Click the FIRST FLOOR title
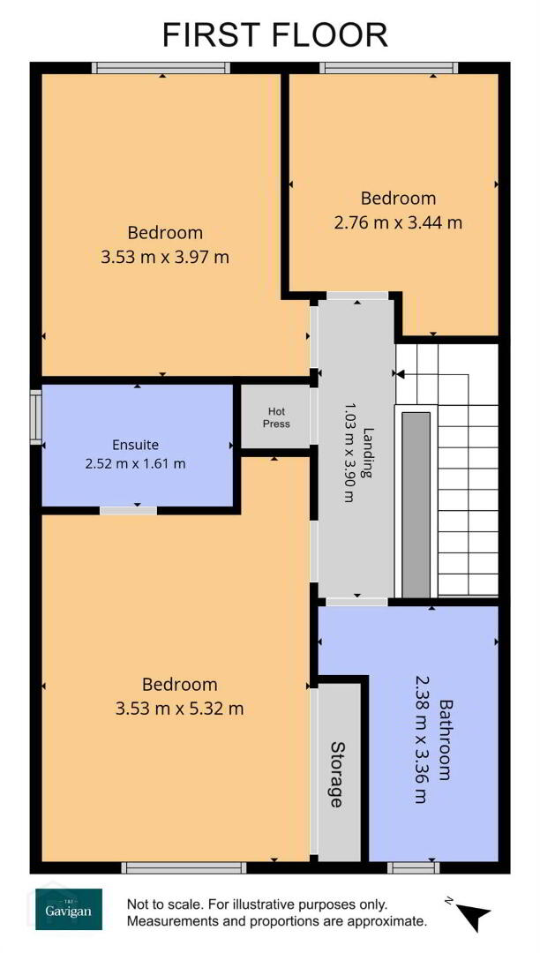pyautogui.click(x=274, y=34)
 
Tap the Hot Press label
pyautogui.click(x=276, y=417)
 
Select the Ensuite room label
pyautogui.click(x=136, y=444)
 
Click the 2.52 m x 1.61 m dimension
pyautogui.click(x=136, y=464)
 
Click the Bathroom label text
pyautogui.click(x=447, y=739)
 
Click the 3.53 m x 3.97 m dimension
pyautogui.click(x=165, y=257)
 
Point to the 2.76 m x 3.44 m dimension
pyautogui.click(x=398, y=222)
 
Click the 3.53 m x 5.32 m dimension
pyautogui.click(x=179, y=708)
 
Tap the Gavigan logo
pyautogui.click(x=69, y=909)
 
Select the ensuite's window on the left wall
pyautogui.click(x=36, y=416)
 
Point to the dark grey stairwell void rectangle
pyautogui.click(x=416, y=505)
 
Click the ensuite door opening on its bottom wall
pyautogui.click(x=128, y=511)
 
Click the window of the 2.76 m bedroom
pyautogui.click(x=389, y=67)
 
